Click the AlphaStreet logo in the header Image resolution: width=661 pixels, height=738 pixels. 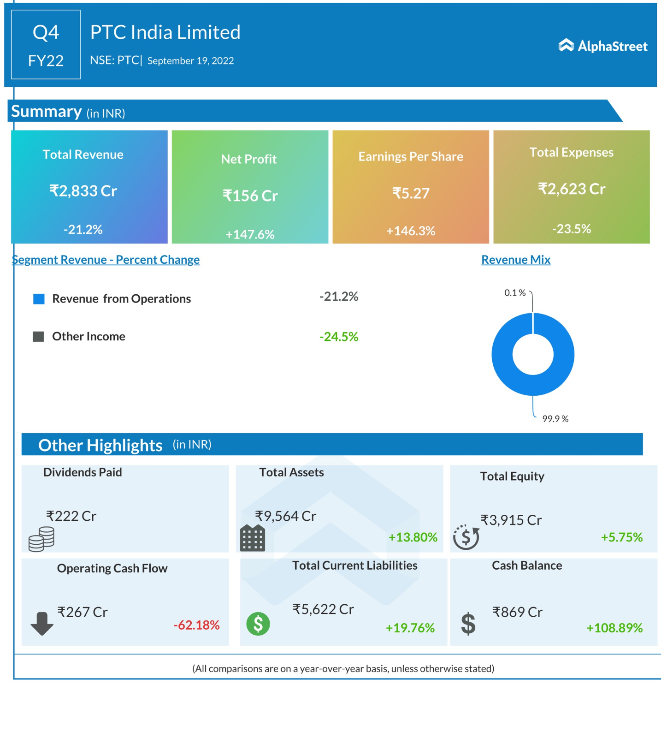point(602,46)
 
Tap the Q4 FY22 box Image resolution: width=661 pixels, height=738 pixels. point(46,45)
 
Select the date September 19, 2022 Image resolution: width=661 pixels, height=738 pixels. point(190,61)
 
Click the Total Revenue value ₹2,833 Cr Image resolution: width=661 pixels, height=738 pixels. point(83,190)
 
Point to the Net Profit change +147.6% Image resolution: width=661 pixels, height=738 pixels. point(250,234)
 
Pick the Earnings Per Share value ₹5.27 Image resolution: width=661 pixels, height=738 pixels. point(411,193)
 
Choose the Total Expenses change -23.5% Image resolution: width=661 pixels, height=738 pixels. point(571,229)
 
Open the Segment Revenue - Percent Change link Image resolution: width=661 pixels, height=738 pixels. point(106,260)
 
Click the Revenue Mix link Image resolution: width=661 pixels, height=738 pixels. point(516,260)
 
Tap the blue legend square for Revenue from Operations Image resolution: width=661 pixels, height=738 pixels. point(39,299)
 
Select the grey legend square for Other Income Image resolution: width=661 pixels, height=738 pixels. point(39,336)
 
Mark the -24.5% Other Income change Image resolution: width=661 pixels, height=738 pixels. point(339,337)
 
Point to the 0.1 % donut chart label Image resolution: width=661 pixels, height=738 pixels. point(515,293)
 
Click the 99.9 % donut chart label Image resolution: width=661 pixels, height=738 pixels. point(555,419)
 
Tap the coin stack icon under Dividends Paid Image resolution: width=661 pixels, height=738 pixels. point(41,539)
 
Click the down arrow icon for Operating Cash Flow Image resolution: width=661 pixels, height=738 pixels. point(42,623)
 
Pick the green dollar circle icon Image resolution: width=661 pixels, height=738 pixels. point(258,624)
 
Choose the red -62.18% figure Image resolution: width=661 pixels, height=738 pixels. point(196,625)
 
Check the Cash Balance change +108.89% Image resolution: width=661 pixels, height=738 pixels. point(614,628)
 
